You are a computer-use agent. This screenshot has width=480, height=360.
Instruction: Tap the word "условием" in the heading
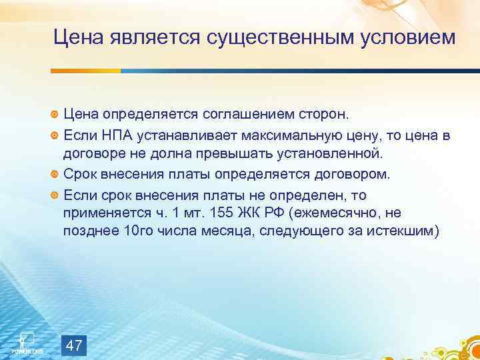tap(407, 38)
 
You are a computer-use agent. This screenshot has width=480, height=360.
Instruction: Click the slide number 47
tap(75, 345)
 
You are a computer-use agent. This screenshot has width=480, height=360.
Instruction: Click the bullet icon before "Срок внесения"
tap(55, 175)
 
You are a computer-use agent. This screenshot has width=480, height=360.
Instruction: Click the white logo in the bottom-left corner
tap(27, 341)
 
